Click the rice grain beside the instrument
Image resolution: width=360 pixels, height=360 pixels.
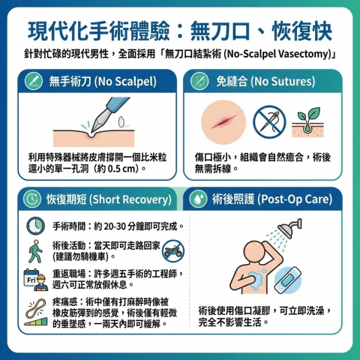121,121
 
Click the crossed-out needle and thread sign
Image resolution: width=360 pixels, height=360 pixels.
269,121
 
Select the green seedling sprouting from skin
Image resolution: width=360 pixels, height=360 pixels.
307,122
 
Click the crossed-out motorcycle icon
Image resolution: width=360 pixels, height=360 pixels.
173,251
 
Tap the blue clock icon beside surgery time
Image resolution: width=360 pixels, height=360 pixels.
35,226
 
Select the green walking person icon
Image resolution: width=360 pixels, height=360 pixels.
35,251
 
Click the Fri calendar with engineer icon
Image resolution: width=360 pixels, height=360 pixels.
36,280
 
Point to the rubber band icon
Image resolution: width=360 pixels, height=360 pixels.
36,308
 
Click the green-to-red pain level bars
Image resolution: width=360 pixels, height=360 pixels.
36,322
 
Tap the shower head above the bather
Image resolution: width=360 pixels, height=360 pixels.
289,228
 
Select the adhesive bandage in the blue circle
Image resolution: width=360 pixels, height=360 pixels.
287,280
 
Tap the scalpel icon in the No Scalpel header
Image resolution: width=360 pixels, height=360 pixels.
34,81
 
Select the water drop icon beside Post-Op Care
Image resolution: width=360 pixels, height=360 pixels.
198,199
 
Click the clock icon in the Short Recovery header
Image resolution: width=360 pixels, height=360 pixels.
32,199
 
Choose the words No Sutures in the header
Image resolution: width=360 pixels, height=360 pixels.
283,82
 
